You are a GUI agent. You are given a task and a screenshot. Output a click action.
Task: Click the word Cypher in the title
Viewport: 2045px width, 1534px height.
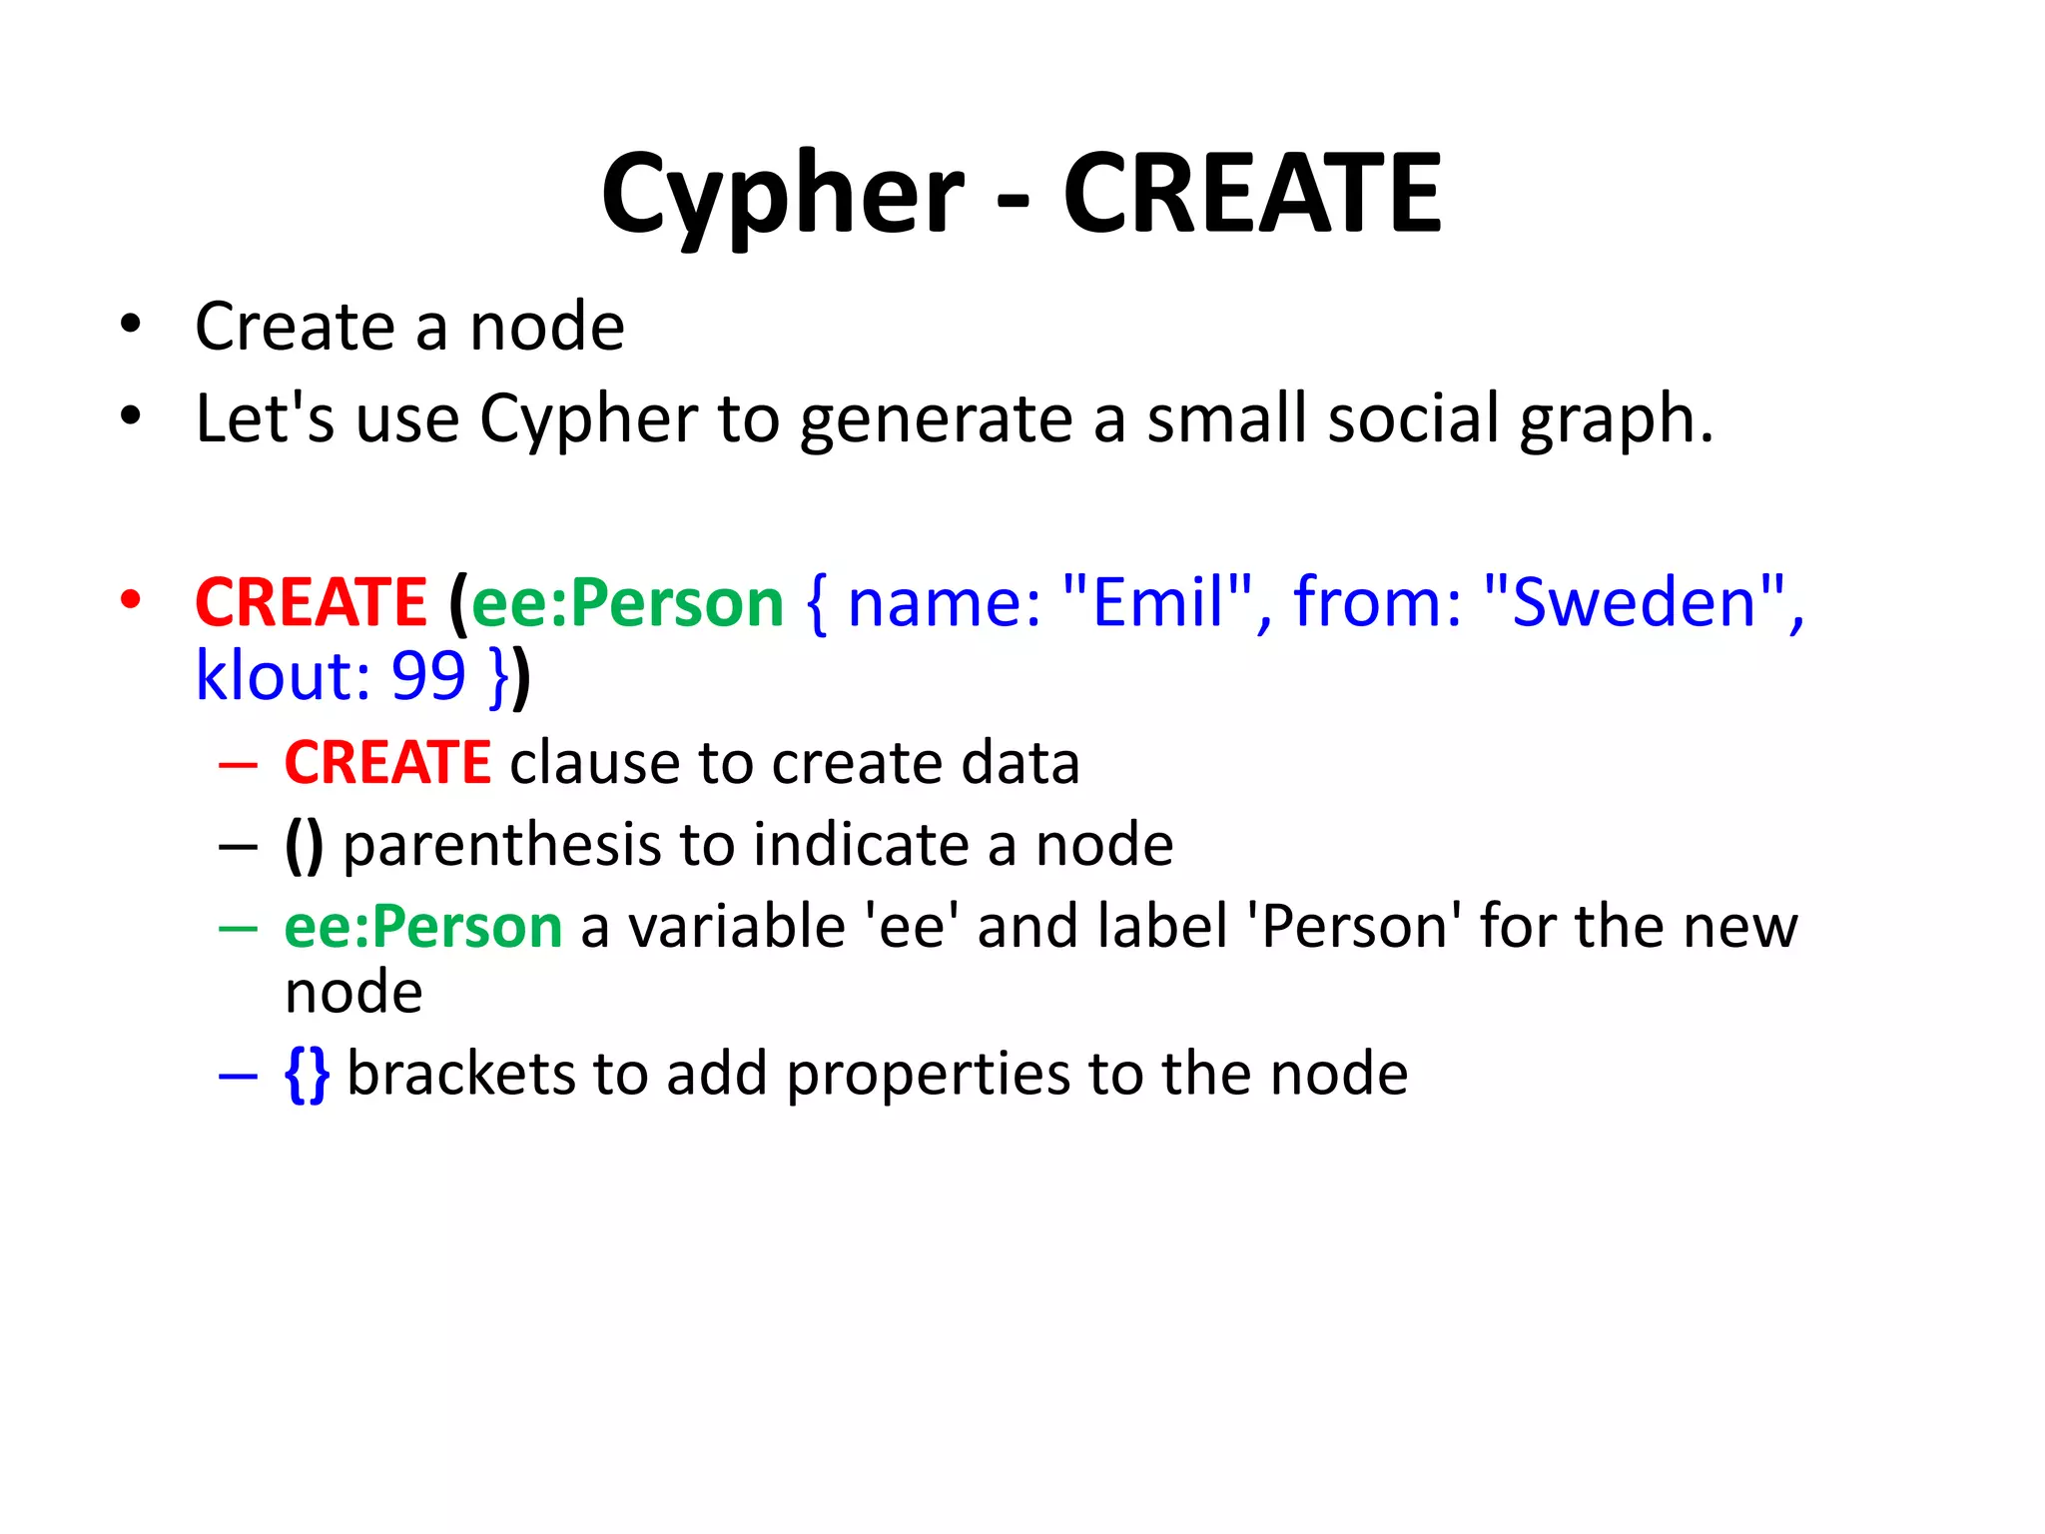click(x=783, y=195)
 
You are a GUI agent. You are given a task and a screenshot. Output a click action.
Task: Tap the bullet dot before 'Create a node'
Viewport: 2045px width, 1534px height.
click(x=131, y=325)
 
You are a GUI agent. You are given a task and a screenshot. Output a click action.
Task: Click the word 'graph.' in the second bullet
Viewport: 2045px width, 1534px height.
click(x=1616, y=419)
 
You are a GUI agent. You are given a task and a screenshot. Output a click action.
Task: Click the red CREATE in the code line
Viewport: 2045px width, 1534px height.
click(x=311, y=602)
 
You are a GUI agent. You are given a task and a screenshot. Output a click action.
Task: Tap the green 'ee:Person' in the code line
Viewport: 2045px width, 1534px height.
click(x=627, y=604)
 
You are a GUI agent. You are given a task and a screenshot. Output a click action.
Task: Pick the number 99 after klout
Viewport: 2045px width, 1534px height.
click(x=428, y=676)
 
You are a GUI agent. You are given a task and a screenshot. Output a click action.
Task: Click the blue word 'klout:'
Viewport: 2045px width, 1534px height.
click(x=283, y=676)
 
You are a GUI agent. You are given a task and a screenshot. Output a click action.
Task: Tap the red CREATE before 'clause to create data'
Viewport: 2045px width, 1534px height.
click(x=387, y=763)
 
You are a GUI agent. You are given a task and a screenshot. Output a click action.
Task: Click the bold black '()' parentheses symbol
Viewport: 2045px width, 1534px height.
click(x=305, y=846)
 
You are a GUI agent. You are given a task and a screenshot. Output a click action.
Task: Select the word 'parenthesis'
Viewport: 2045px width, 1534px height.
click(x=502, y=846)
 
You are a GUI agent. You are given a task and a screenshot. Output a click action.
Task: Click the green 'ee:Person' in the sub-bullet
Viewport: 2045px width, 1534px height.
click(x=423, y=927)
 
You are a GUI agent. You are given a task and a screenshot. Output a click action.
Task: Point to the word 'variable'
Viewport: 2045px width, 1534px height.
click(x=737, y=927)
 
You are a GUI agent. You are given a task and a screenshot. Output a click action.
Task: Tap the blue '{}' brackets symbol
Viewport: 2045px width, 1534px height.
click(x=307, y=1075)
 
